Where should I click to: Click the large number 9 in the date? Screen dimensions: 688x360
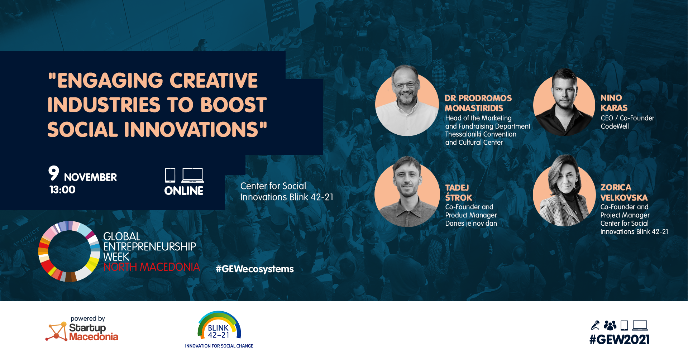(54, 173)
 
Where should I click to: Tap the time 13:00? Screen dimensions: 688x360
(62, 190)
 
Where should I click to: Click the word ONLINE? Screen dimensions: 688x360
(184, 191)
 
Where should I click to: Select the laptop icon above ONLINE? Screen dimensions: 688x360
(193, 175)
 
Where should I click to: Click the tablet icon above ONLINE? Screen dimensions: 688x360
(170, 175)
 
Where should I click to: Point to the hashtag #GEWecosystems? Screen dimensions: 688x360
(254, 269)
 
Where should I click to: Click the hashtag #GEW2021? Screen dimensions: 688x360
(620, 340)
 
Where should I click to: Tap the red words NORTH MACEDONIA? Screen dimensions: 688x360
(152, 267)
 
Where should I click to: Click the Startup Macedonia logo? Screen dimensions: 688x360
(82, 328)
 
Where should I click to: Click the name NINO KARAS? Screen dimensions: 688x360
(614, 103)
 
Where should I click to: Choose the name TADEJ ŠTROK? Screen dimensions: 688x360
(459, 193)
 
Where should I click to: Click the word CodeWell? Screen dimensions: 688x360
(615, 126)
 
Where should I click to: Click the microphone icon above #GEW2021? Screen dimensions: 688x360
(595, 325)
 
